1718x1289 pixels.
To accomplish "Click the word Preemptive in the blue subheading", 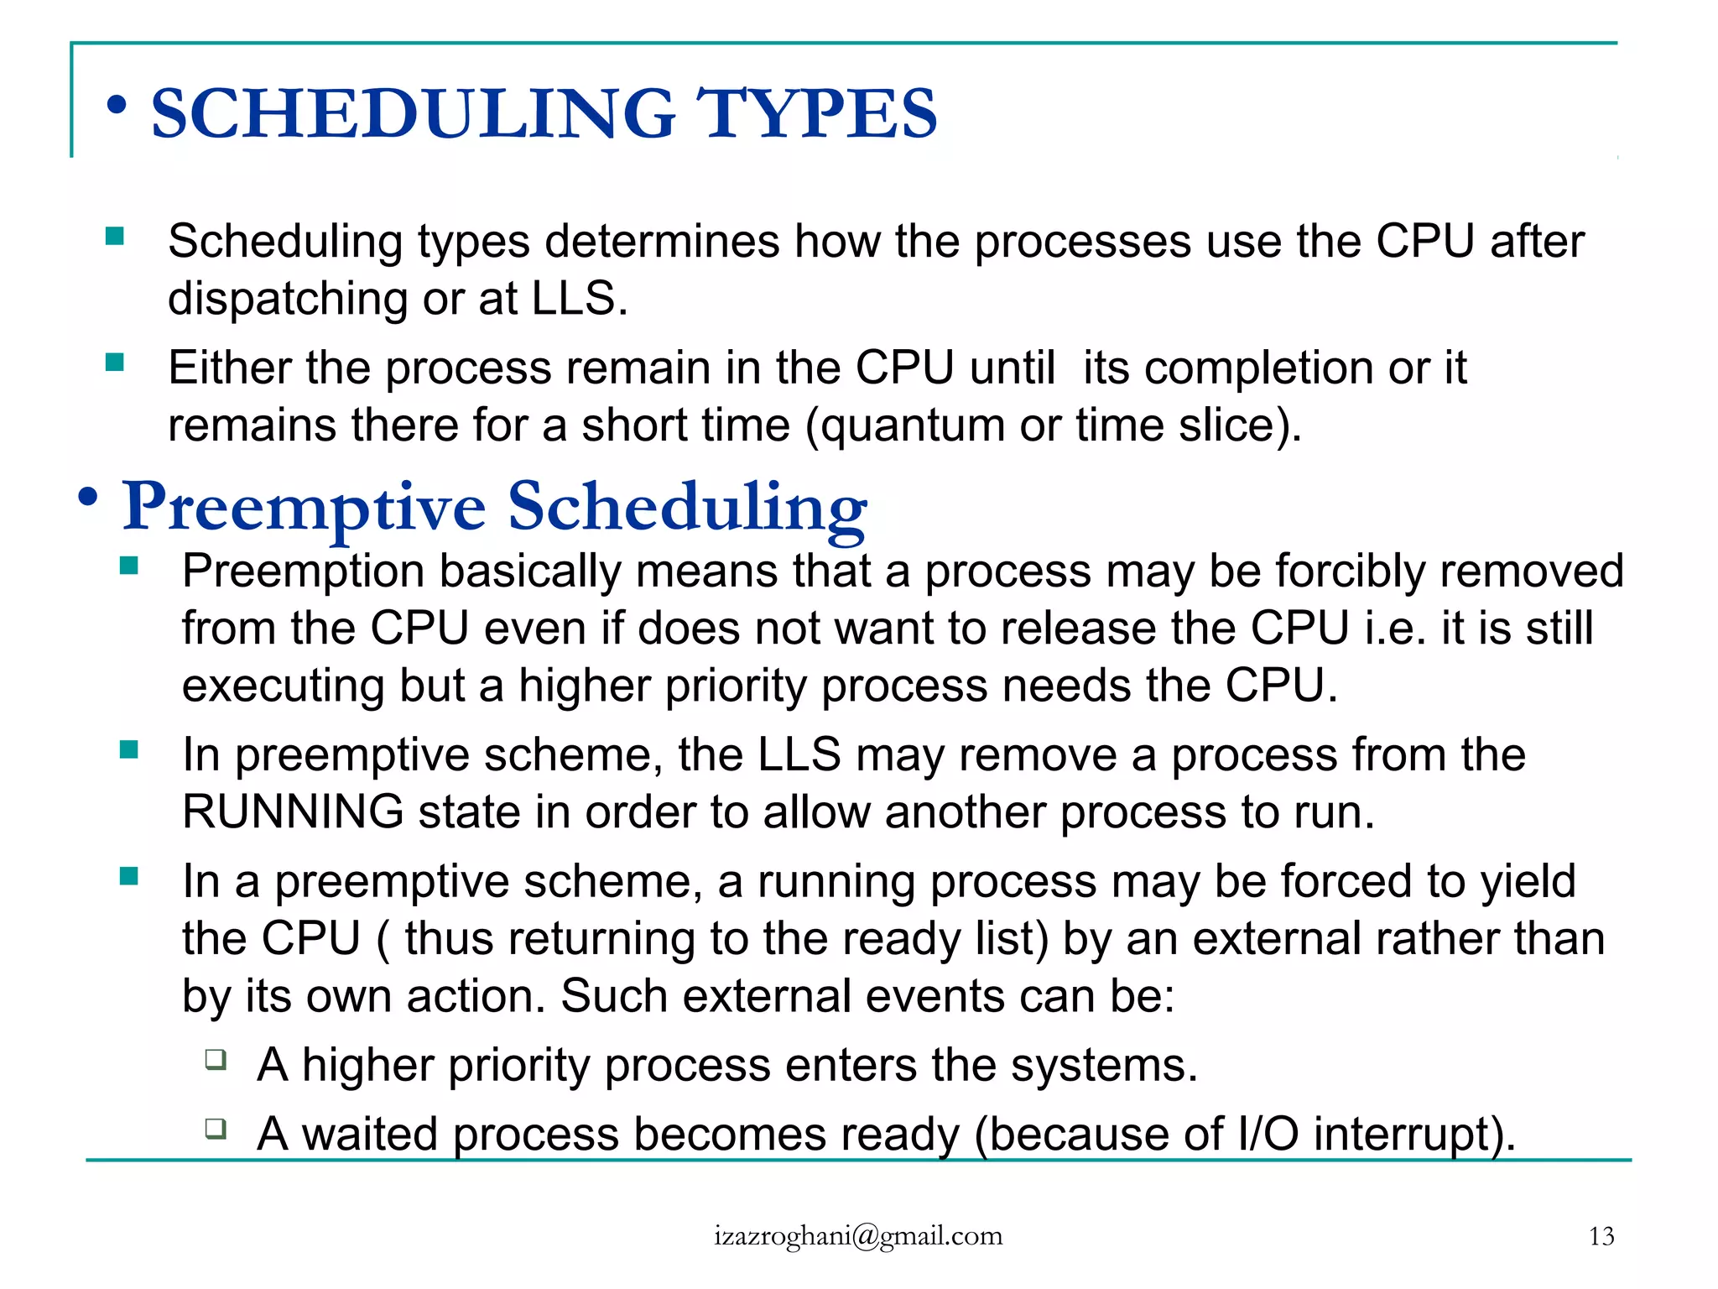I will click(x=304, y=506).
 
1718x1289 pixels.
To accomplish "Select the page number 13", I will click(x=1601, y=1236).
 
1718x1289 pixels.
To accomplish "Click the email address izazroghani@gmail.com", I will click(x=858, y=1236).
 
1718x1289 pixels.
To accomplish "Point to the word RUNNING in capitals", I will click(x=293, y=811).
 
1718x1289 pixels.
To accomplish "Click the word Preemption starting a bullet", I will click(x=303, y=571).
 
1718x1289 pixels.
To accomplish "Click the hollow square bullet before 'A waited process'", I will click(x=216, y=1128).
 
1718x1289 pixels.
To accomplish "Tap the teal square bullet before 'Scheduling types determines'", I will click(x=115, y=236).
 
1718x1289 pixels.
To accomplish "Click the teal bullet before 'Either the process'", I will click(x=115, y=363).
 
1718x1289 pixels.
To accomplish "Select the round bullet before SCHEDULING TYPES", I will click(x=117, y=106).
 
